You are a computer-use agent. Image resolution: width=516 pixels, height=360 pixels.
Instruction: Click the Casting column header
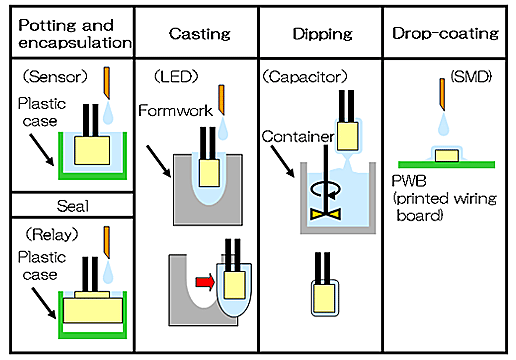point(199,34)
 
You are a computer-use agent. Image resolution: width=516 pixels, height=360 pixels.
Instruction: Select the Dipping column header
point(322,34)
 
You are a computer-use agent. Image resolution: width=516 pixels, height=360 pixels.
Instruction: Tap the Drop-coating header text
point(445,34)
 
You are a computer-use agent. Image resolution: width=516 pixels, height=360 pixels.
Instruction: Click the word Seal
point(73,206)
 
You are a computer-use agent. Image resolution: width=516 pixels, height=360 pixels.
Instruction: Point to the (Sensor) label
point(55,77)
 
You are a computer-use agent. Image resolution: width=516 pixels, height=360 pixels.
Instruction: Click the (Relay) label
point(52,235)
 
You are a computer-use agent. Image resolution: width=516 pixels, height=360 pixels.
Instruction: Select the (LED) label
point(176,77)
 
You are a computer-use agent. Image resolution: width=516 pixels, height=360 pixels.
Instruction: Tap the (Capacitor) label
point(305,77)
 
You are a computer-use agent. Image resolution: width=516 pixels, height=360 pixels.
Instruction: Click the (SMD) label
point(471,77)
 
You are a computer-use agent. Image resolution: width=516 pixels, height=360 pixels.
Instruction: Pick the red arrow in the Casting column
point(205,282)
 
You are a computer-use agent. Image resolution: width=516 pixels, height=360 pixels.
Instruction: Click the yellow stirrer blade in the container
point(325,214)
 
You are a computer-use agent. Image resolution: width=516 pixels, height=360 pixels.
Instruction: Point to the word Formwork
point(175,111)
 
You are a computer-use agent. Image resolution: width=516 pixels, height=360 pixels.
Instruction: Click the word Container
point(298,137)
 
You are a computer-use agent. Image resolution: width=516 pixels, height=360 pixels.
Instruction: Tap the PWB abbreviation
point(409,181)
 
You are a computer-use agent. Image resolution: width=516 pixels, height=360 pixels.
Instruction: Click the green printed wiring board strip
point(446,164)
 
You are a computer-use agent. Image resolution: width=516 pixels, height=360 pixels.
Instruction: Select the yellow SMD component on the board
point(447,156)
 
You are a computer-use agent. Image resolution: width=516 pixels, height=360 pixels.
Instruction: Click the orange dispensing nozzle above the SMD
point(442,94)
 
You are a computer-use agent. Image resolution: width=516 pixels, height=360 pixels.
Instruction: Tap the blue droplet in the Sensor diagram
point(108,113)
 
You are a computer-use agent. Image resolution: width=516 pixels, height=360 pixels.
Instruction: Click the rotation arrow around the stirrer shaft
point(326,190)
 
